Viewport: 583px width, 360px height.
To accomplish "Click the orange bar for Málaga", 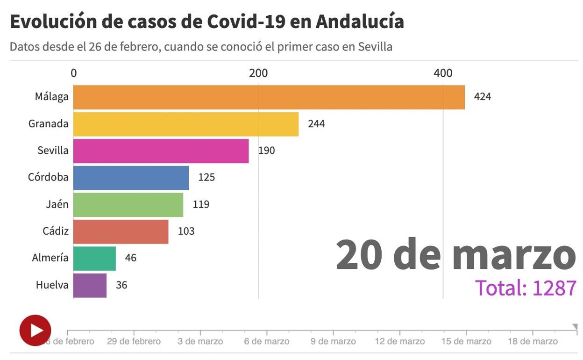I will coord(269,97).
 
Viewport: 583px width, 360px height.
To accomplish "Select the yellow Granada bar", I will coord(186,124).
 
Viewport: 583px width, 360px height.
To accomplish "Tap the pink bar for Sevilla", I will coord(161,151).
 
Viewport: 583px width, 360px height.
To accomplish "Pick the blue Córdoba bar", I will coord(131,178).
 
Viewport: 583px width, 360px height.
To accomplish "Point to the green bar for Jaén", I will coord(128,204).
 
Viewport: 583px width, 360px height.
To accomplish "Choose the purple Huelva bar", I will coord(90,285).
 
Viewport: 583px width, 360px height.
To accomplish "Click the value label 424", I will coord(483,97).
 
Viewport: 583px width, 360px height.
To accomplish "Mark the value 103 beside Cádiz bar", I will coord(186,231).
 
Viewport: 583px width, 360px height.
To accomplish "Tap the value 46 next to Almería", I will coord(130,258).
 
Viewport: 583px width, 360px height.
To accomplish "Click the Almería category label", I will coord(50,258).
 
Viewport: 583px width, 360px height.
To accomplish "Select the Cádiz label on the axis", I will coord(55,231).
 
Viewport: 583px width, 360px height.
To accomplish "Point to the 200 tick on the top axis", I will coord(258,73).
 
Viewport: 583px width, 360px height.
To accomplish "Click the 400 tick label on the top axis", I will coord(443,73).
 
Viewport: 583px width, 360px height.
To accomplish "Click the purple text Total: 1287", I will coord(526,288).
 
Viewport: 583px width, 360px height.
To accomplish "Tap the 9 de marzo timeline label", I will coord(333,341).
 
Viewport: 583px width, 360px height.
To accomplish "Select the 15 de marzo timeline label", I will coord(466,341).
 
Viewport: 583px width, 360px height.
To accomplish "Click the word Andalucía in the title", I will coord(360,22).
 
